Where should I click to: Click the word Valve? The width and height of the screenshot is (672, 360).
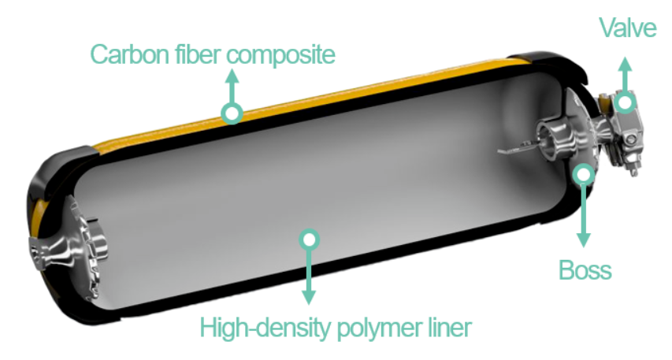pyautogui.click(x=627, y=29)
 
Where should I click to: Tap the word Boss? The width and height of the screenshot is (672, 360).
pyautogui.click(x=585, y=271)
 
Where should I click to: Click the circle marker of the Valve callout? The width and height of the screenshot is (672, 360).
pyautogui.click(x=626, y=102)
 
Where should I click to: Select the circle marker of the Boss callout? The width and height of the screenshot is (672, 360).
pyautogui.click(x=584, y=173)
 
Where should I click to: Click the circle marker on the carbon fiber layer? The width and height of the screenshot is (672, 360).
pyautogui.click(x=232, y=113)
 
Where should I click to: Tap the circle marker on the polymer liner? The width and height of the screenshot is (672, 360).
pyautogui.click(x=310, y=238)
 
